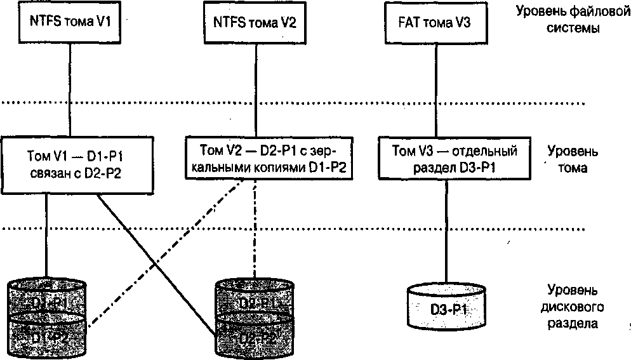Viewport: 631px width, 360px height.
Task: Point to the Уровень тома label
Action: [571, 160]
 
